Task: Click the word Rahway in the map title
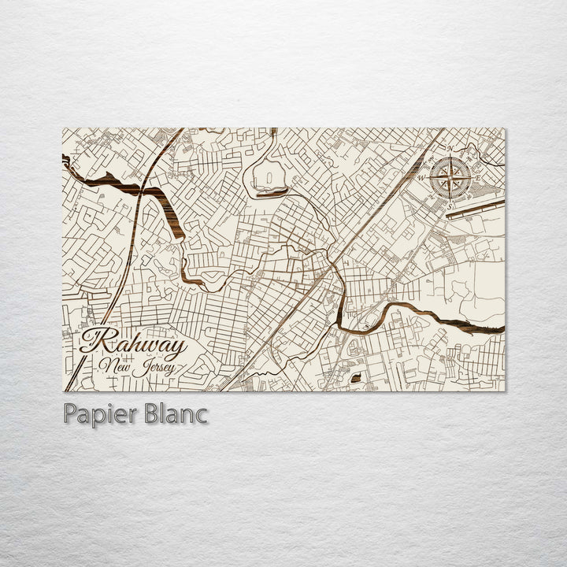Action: pyautogui.click(x=134, y=343)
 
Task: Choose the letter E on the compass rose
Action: pyautogui.click(x=478, y=177)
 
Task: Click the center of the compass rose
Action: pyautogui.click(x=450, y=177)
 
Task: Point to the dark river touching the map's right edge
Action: pyautogui.click(x=480, y=323)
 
